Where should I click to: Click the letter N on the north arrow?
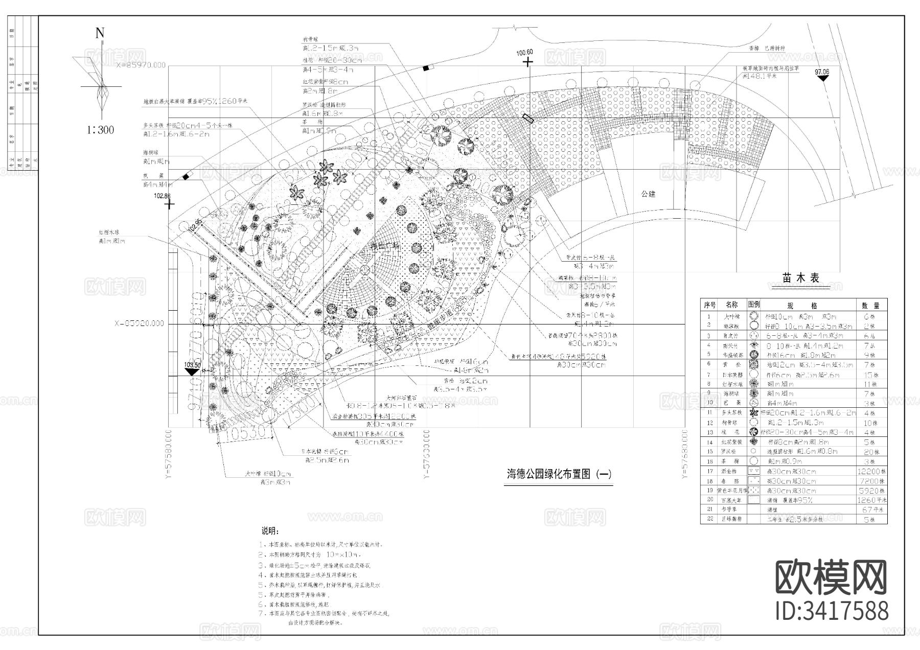(100, 34)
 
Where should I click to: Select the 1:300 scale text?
(100, 130)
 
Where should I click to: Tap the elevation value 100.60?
(524, 53)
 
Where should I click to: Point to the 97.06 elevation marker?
(822, 72)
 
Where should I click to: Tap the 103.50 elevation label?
(192, 365)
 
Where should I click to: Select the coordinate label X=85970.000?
(141, 65)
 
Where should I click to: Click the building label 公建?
(649, 194)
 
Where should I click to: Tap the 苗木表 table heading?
(800, 278)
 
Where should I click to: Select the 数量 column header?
(871, 306)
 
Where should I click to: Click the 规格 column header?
(808, 306)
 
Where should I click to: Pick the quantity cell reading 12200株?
(871, 472)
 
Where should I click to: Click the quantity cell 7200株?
(871, 481)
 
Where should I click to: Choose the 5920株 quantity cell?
(871, 491)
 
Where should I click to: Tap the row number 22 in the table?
(709, 519)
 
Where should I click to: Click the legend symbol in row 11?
(753, 412)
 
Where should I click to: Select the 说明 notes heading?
(271, 531)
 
